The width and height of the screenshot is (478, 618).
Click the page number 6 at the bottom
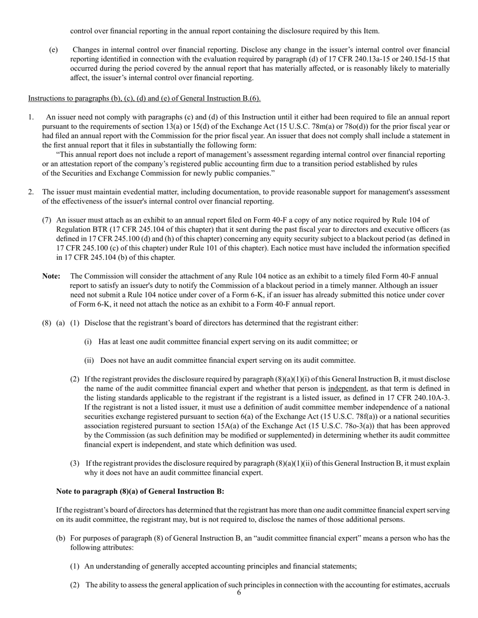click(x=239, y=593)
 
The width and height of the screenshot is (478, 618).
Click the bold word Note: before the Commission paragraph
click(x=51, y=276)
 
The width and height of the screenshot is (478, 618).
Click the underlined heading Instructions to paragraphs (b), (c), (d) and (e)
click(x=144, y=98)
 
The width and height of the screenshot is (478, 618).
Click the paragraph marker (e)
click(x=53, y=50)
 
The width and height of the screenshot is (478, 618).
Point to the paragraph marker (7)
click(x=47, y=220)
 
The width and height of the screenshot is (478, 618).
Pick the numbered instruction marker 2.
click(x=31, y=192)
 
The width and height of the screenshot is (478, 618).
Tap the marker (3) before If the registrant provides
click(x=74, y=463)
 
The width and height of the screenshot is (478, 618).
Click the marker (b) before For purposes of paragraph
click(x=60, y=538)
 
